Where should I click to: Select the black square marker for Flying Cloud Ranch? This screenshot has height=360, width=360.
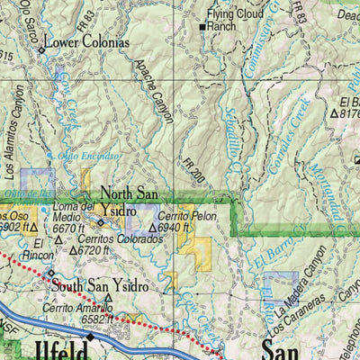(x=203, y=28)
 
